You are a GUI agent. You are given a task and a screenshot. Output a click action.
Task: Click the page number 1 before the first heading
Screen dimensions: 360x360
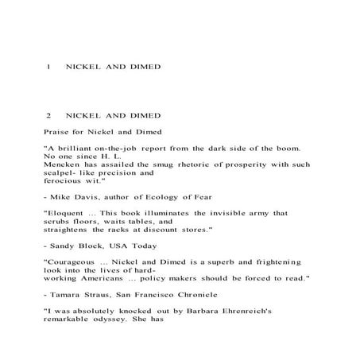(49, 67)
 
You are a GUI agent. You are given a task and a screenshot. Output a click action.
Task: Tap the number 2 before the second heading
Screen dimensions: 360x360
(49, 115)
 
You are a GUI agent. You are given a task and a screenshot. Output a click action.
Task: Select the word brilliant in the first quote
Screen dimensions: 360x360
(77, 149)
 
